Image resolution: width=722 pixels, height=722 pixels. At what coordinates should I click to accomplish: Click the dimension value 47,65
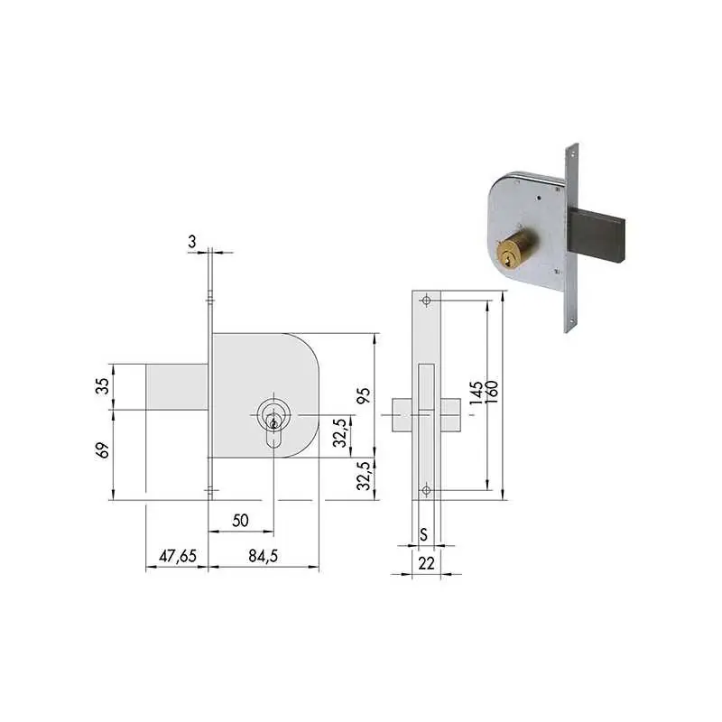tap(178, 556)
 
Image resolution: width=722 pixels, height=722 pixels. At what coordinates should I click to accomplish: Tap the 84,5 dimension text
tap(263, 556)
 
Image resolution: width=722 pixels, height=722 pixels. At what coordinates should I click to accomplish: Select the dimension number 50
tap(240, 521)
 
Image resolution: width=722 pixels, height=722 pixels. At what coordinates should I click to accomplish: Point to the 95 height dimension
tap(364, 395)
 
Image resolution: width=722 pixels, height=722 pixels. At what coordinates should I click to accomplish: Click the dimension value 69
tap(104, 449)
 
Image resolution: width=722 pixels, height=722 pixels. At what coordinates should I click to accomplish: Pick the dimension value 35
tap(104, 386)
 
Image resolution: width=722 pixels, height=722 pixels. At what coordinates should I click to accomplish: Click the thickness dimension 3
tap(192, 241)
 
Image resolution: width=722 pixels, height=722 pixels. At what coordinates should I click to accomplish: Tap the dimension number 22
tap(426, 562)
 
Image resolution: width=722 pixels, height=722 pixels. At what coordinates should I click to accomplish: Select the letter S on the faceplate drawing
tap(423, 534)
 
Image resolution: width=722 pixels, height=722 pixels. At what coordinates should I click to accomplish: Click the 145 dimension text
tap(477, 393)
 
